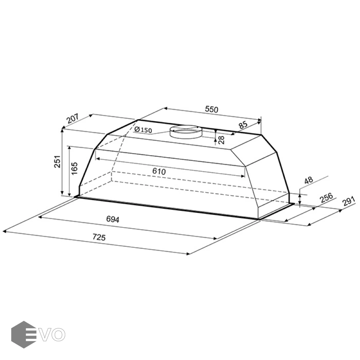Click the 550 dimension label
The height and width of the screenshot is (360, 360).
click(212, 110)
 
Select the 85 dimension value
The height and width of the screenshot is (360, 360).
click(243, 125)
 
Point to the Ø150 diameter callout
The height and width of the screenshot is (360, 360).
click(143, 130)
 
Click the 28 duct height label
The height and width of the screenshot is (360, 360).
click(221, 140)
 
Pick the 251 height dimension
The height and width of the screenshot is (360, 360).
click(57, 162)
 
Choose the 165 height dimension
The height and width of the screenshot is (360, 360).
click(74, 168)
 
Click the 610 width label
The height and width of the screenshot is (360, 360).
click(159, 171)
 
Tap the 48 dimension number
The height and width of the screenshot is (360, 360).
click(308, 180)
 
